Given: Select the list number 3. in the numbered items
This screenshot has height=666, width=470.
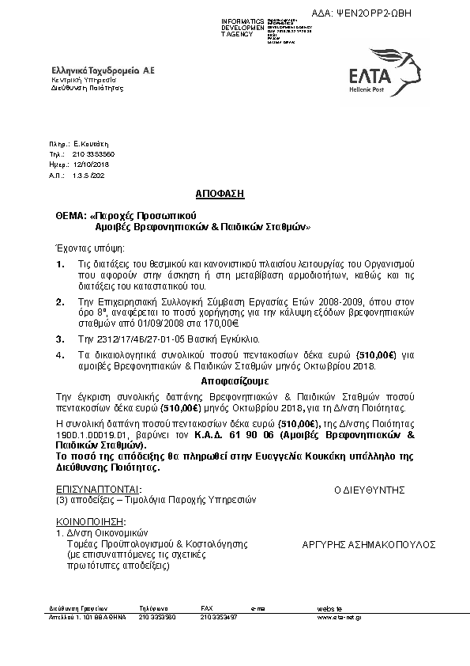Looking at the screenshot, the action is click(59, 338).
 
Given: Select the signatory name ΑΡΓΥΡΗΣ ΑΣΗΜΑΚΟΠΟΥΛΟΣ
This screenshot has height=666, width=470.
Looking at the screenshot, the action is click(369, 545).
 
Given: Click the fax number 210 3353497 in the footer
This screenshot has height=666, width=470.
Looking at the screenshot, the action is click(219, 616).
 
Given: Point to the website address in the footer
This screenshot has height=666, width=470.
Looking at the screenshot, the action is click(340, 616).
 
